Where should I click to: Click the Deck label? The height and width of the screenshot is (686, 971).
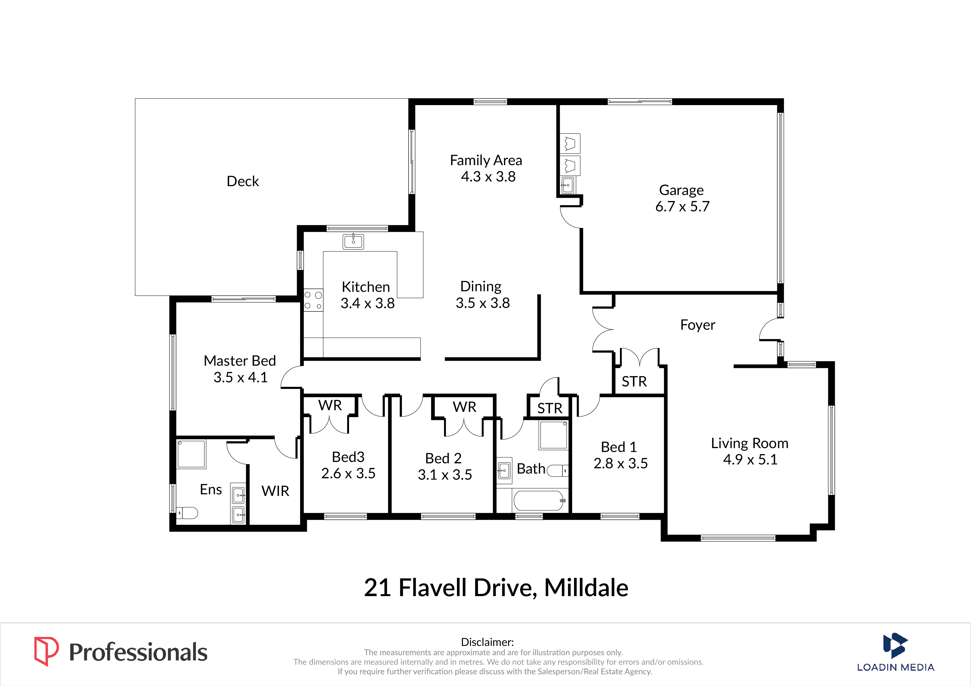(243, 181)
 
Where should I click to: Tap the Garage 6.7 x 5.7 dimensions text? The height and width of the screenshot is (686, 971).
(682, 207)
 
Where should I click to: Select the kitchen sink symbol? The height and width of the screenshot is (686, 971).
(353, 241)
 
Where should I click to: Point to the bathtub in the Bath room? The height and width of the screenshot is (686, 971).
(539, 500)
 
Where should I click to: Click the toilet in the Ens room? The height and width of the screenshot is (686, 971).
(187, 513)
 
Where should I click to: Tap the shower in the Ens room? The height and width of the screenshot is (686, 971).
(191, 454)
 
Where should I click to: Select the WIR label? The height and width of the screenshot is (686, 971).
(275, 491)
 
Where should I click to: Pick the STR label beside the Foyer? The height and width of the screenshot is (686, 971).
(634, 382)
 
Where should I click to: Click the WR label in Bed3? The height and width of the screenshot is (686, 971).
(330, 405)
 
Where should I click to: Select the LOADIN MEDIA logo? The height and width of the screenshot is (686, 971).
(895, 652)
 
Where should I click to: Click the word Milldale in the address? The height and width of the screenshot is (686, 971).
(586, 588)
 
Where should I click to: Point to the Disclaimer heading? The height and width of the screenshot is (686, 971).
(487, 642)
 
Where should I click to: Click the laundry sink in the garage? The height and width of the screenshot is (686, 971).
(567, 185)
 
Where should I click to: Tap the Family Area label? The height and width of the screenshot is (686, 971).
(486, 161)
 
